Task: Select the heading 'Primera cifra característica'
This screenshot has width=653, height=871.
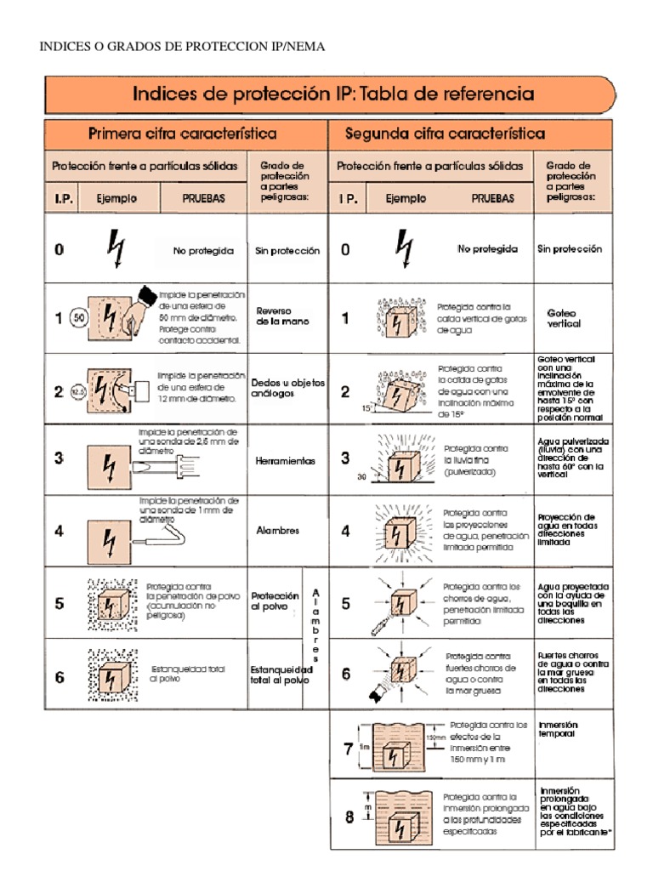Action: click(x=183, y=134)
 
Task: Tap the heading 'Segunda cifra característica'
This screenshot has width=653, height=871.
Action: click(x=445, y=134)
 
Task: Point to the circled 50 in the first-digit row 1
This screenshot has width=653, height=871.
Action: click(x=79, y=319)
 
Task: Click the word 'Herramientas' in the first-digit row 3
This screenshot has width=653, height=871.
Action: click(x=285, y=461)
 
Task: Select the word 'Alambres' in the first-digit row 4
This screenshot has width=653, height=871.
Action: click(x=278, y=531)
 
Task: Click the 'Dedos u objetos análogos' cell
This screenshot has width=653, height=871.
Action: click(x=287, y=390)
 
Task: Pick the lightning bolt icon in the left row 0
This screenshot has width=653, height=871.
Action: click(x=115, y=248)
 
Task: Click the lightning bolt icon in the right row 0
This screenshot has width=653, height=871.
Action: click(x=404, y=248)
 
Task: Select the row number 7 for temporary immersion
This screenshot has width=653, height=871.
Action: click(x=348, y=749)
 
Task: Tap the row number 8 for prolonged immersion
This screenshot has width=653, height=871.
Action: click(x=349, y=818)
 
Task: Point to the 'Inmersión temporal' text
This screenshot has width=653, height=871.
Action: click(x=558, y=729)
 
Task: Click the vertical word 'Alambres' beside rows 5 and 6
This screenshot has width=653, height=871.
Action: click(x=316, y=624)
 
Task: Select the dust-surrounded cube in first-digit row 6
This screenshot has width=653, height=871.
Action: click(x=111, y=675)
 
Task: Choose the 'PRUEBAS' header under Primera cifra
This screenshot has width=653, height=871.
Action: click(x=204, y=197)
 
